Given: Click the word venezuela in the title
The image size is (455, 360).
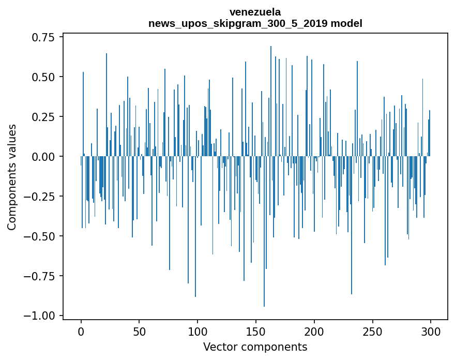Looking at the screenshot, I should coord(255,12).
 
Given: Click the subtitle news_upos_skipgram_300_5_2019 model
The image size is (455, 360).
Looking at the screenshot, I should coord(255,23).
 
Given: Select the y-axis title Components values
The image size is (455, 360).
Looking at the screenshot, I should coord(11,177).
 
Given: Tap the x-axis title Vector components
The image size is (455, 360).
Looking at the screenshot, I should coord(255,347).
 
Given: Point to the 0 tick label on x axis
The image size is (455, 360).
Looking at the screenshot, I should coord(81,332).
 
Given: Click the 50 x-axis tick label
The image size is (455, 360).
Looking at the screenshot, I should coord(140,332).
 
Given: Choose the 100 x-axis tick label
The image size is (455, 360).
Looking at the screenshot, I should coord(198,332).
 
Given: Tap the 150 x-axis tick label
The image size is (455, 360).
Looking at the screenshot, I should coord(256,332).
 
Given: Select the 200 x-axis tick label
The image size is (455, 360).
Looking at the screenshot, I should coord(314,332).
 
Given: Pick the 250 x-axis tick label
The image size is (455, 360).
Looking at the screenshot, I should coord(372,332).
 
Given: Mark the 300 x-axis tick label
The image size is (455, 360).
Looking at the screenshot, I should coord(431,332).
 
